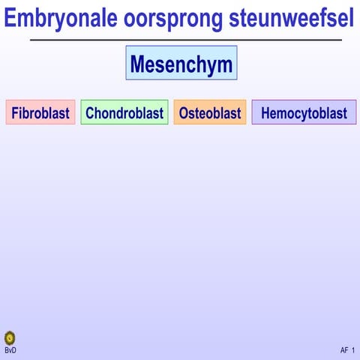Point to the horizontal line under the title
pyautogui.click(x=185, y=40)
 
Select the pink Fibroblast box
pyautogui.click(x=40, y=113)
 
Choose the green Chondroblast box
pyautogui.click(x=124, y=113)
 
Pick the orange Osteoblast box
pyautogui.click(x=210, y=113)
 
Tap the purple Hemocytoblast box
pyautogui.click(x=304, y=113)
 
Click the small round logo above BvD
pyautogui.click(x=10, y=338)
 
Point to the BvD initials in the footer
pyautogui.click(x=10, y=350)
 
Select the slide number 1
pyautogui.click(x=352, y=350)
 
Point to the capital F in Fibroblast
pyautogui.click(x=15, y=113)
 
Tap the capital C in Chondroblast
pyautogui.click(x=90, y=113)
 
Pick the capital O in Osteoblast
pyautogui.click(x=184, y=113)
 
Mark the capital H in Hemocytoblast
pyautogui.click(x=265, y=113)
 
